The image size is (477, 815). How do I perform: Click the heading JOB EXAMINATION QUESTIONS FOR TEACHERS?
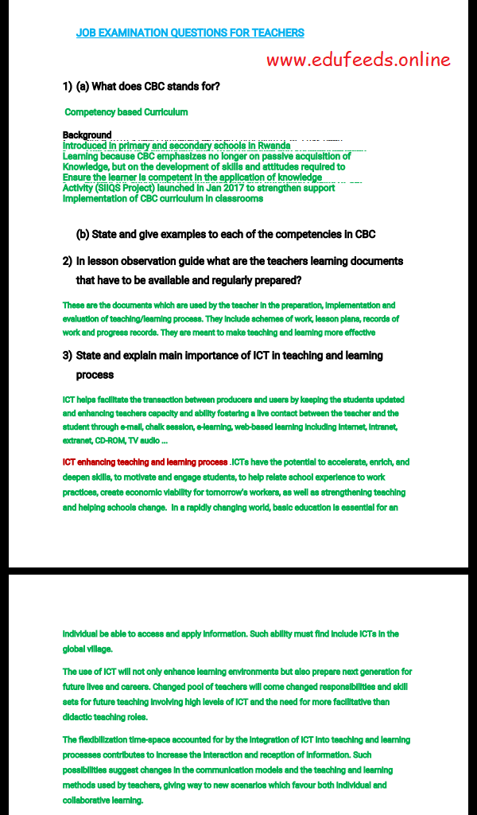(x=190, y=33)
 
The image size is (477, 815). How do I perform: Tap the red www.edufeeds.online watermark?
(x=358, y=60)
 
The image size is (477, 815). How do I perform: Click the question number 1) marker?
(x=68, y=86)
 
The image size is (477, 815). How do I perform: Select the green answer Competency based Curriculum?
(x=126, y=112)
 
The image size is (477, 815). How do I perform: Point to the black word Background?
(x=87, y=135)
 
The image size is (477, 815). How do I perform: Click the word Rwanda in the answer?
(x=273, y=146)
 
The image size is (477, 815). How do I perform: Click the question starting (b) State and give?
(x=225, y=235)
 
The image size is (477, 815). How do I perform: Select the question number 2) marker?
(x=68, y=261)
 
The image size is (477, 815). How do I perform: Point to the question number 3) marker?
(x=68, y=356)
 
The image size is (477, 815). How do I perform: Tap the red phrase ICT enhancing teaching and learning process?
(x=145, y=462)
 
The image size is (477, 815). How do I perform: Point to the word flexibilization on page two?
(x=108, y=740)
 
